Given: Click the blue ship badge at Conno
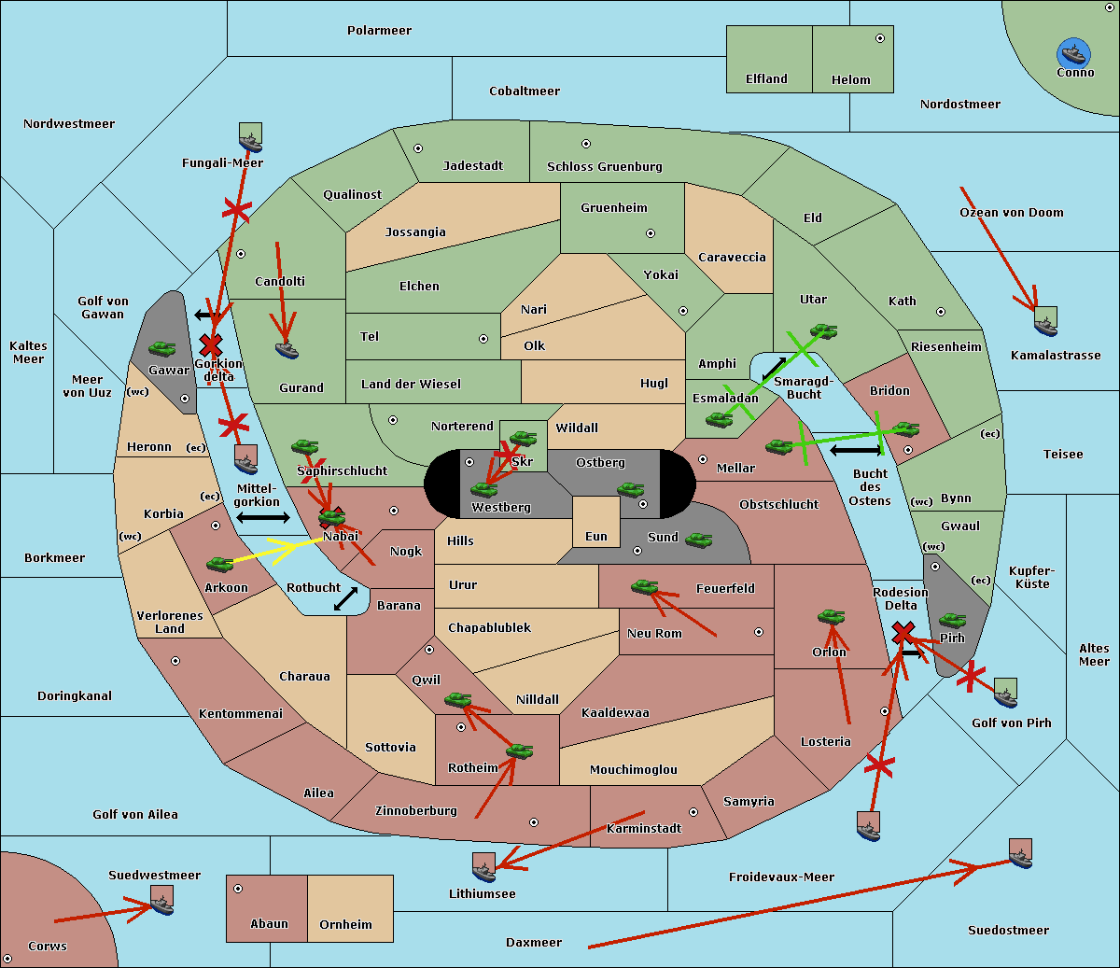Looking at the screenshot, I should tap(1074, 53).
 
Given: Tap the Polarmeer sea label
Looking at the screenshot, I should tap(379, 31).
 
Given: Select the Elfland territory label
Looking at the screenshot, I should tap(766, 79).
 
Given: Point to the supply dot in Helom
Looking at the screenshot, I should tap(879, 38).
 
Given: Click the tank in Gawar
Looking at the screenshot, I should tap(162, 348).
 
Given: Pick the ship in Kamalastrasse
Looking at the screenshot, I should tap(1045, 323).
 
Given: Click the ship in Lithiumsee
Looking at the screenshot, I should tap(483, 868).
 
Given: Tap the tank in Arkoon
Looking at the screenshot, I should tap(219, 564).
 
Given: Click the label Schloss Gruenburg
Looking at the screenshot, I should tap(604, 167).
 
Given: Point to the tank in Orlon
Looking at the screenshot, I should tap(831, 617).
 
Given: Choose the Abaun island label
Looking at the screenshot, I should tap(269, 924).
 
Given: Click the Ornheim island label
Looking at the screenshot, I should tap(345, 925).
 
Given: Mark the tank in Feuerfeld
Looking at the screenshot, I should tap(644, 587).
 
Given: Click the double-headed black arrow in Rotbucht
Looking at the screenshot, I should tap(345, 598).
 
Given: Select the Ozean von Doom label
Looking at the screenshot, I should tap(1011, 213).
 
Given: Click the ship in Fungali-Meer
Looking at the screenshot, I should tap(250, 138).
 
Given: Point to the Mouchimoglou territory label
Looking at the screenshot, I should tap(633, 770).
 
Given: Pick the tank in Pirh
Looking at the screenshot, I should tap(952, 621).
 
